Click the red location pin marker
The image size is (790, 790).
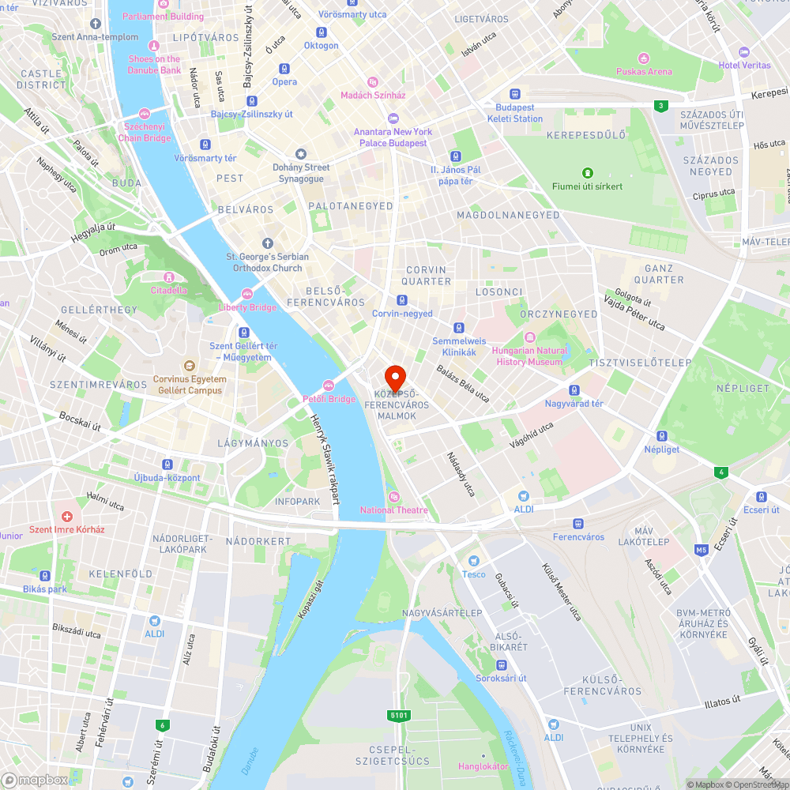pos(394,377)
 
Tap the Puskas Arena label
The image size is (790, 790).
pos(644,72)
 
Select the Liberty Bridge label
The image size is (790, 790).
pos(247,307)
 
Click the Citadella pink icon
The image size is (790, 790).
pos(168,277)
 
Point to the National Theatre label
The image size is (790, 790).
pos(393,510)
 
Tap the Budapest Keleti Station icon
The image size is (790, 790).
pos(515,93)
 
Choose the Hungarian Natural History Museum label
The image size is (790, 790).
pos(530,356)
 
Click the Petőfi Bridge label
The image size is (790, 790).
pos(329,399)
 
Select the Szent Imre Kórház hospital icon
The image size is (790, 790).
pos(68,516)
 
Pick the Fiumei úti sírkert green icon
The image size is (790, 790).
pos(587,172)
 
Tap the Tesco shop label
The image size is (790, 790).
pos(474,574)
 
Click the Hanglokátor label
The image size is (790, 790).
pos(483,766)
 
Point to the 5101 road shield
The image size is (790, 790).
pos(399,716)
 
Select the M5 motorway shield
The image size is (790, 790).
pos(701,549)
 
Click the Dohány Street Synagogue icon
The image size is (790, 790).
pos(300,153)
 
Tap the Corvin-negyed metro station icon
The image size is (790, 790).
pos(402,300)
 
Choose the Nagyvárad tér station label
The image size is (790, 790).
pos(574,404)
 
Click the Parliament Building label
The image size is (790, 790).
pos(163,17)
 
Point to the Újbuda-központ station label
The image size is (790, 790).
pos(167,478)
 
